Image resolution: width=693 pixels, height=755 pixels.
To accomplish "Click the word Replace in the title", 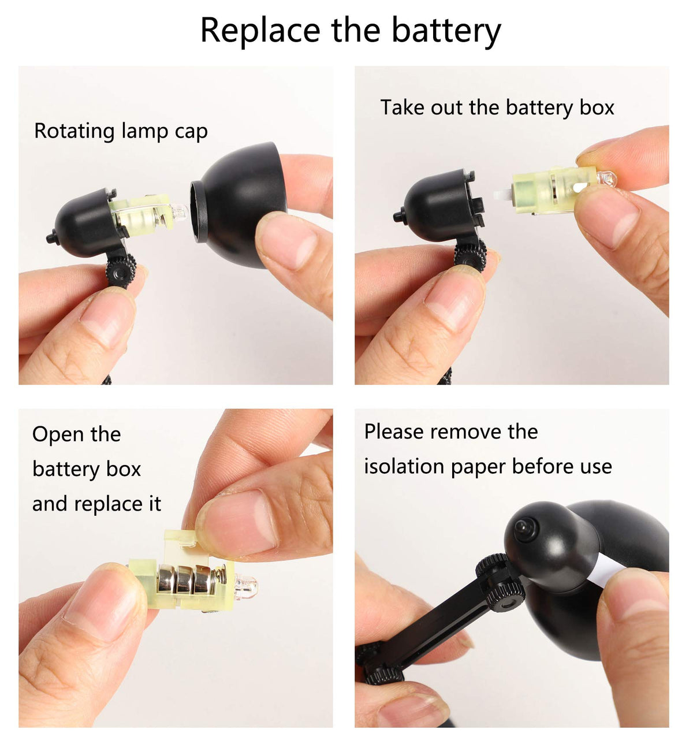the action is pos(260,31).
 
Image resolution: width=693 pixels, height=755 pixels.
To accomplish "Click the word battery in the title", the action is pos(446,30).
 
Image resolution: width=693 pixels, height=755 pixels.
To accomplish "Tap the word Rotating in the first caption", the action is pos(74,132).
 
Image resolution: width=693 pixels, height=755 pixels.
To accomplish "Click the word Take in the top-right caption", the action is pos(403,107).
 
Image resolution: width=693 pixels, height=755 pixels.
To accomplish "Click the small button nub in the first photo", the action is pos(52,237).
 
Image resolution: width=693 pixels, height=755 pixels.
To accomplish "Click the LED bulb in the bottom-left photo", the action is pos(247,586).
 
